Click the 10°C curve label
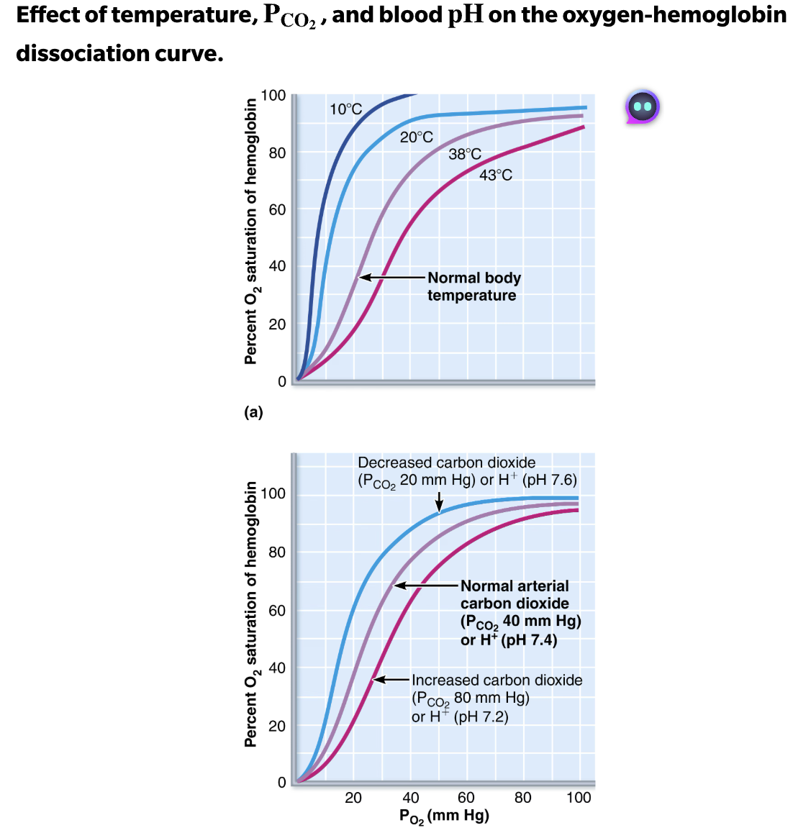[x=345, y=109]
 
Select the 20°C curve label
[x=416, y=137]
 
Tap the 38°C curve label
[x=464, y=154]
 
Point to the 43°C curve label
[x=496, y=175]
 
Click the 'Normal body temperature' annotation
[x=473, y=286]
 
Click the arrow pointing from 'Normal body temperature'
[x=391, y=278]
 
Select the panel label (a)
[x=253, y=412]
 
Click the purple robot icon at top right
[x=642, y=107]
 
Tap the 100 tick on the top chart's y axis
[x=273, y=96]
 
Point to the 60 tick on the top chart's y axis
[x=277, y=209]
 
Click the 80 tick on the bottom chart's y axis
[x=277, y=552]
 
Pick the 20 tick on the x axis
[x=353, y=797]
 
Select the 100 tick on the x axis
[x=579, y=797]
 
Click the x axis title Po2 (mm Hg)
[x=444, y=816]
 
